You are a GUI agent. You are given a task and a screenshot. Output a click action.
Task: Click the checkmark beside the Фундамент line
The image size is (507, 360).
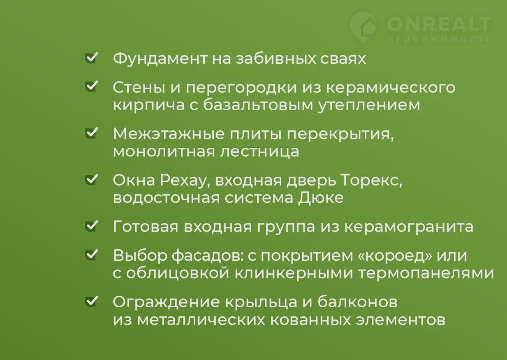click(91, 58)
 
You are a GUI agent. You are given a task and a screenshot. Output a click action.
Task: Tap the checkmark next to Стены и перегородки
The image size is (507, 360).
click(91, 86)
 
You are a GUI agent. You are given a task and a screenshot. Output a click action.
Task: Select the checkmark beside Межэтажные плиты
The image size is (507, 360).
click(91, 133)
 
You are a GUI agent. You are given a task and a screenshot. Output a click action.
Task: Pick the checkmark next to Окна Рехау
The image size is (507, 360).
click(91, 180)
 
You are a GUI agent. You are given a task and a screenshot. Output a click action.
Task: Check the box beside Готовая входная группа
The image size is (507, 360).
click(91, 226)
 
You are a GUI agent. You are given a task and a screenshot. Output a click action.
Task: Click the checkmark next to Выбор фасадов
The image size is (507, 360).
click(91, 255)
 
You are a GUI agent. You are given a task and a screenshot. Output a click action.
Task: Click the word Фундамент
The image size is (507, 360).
click(160, 59)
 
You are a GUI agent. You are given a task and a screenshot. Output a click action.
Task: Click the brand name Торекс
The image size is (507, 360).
click(372, 181)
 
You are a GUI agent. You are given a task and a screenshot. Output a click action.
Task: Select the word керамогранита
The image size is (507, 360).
click(409, 227)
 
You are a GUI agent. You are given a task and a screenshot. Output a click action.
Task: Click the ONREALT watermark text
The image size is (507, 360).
click(439, 24)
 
